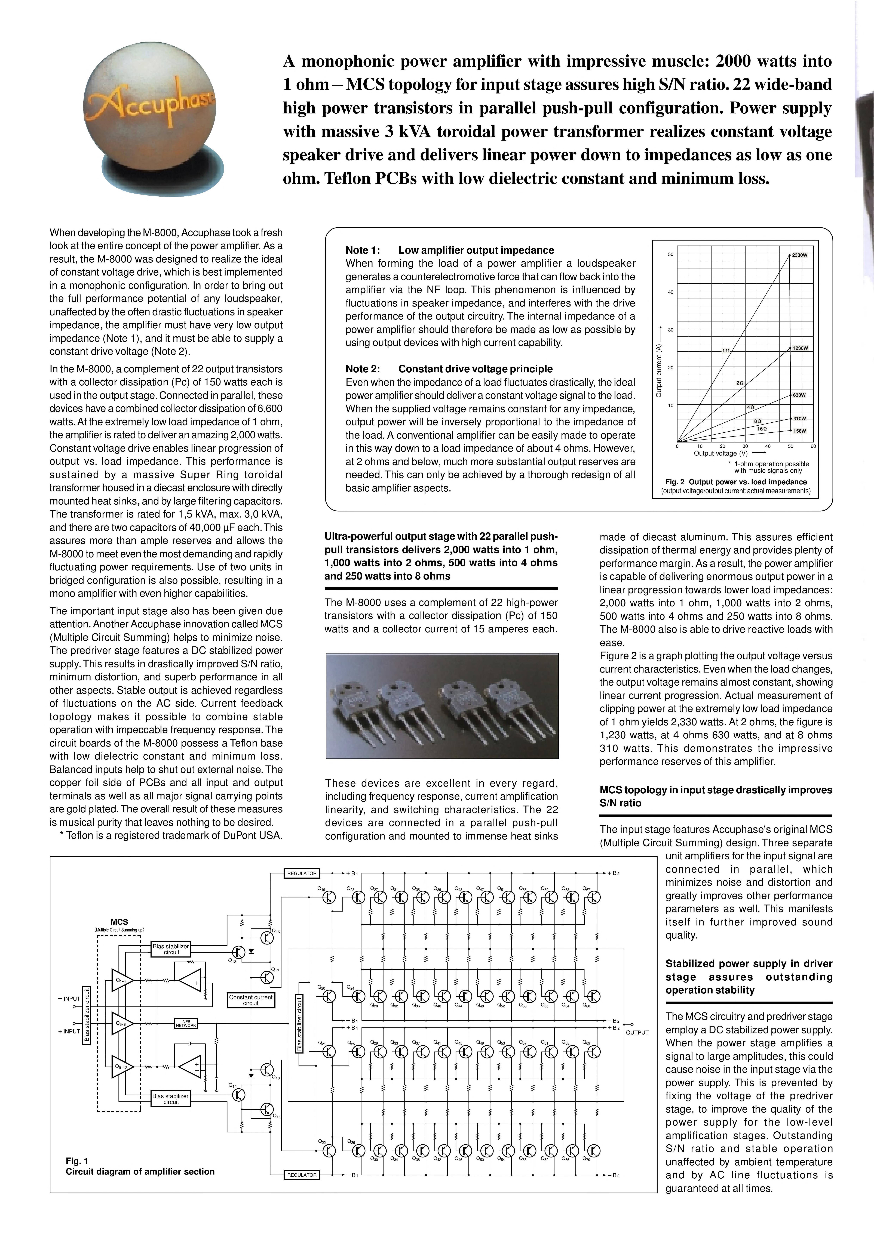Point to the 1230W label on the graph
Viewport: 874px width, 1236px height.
[x=800, y=348]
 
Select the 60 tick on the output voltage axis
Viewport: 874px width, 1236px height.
[x=813, y=446]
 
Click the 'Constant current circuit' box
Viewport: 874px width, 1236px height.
[x=251, y=1000]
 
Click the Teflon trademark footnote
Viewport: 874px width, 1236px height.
[x=171, y=835]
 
